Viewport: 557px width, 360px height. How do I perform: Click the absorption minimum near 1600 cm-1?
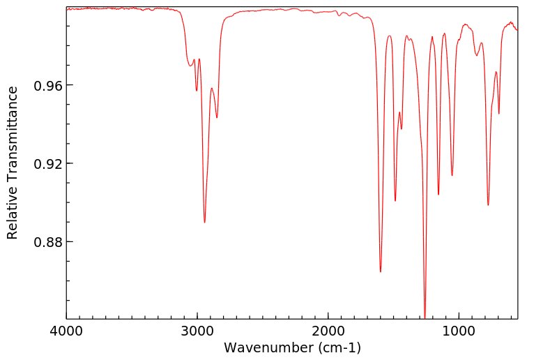pos(381,271)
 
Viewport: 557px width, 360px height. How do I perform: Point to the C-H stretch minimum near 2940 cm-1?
pos(204,222)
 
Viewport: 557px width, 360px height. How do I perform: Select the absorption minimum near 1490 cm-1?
pos(395,200)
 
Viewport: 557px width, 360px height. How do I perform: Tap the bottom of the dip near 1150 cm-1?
pos(438,194)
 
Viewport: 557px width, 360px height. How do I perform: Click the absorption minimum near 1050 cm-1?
pos(452,175)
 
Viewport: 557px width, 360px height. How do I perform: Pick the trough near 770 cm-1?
pos(488,204)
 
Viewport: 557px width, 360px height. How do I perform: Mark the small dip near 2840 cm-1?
pos(217,117)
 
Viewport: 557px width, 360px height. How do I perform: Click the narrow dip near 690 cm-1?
pos(499,114)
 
